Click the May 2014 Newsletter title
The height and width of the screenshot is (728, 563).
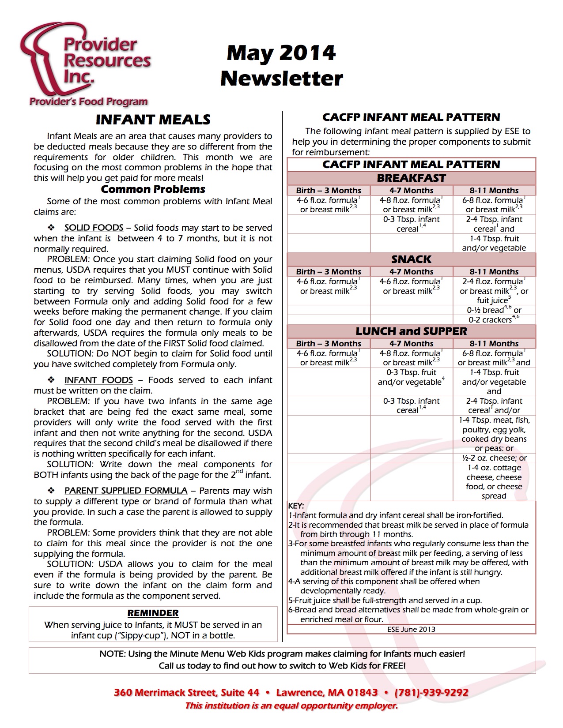coord(281,65)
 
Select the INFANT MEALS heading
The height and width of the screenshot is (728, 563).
coord(153,120)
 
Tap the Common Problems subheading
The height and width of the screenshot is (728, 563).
coord(153,189)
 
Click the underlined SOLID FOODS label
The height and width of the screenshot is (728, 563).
coord(94,228)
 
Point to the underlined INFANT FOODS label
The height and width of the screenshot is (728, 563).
coord(98,380)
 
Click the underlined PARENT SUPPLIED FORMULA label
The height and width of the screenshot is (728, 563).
coord(126,491)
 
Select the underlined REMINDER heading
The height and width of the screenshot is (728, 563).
coord(153,613)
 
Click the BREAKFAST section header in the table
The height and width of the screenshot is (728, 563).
coord(411,178)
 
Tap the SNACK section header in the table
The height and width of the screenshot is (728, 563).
coord(411,259)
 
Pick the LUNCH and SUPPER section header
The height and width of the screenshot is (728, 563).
coord(411,331)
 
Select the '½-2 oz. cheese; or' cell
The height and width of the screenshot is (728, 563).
coord(494,458)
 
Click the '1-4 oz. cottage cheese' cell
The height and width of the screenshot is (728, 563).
coord(494,481)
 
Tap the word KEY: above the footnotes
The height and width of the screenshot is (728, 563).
coord(296,506)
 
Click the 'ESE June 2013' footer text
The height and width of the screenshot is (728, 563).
coord(411,629)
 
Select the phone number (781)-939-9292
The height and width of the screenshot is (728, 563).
coord(431,692)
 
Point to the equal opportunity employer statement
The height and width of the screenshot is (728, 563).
coord(291,705)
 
